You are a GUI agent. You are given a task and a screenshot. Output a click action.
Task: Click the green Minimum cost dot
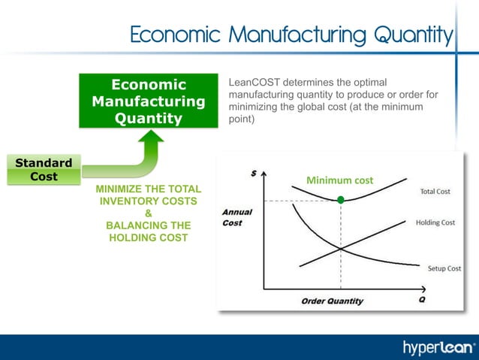(x=341, y=200)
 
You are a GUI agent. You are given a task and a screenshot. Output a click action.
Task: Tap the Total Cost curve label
(x=435, y=192)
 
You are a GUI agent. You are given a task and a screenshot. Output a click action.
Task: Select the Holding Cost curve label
(x=435, y=222)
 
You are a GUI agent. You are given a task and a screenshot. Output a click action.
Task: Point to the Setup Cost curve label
(x=444, y=268)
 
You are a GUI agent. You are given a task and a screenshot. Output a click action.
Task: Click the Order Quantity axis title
(x=332, y=301)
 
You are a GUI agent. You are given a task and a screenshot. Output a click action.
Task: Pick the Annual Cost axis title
(x=236, y=218)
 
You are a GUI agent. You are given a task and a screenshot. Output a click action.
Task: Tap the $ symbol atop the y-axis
(x=252, y=172)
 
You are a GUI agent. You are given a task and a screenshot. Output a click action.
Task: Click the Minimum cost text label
(x=340, y=180)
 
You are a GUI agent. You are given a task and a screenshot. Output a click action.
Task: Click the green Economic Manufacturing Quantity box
(x=149, y=101)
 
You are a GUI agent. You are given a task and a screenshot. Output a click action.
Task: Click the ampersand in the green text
(x=148, y=213)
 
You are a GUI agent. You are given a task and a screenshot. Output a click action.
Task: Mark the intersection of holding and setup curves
(x=341, y=249)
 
